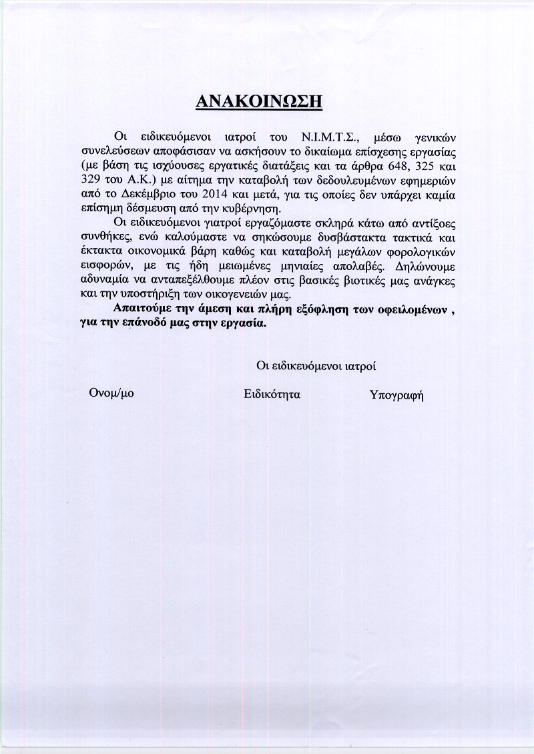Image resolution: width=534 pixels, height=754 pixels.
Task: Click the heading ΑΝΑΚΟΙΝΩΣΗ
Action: point(260,101)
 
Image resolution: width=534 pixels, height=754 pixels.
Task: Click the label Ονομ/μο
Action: point(111,393)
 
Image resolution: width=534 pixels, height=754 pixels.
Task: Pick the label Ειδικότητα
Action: point(272,394)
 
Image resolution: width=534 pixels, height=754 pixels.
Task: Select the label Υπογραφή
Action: point(396,395)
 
